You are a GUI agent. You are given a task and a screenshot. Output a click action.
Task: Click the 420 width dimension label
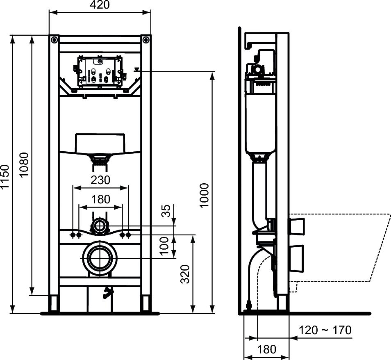pyautogui.click(x=100, y=5)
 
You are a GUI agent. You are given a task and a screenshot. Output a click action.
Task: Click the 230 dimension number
pyautogui.click(x=100, y=180)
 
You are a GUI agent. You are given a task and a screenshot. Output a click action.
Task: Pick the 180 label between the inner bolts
pyautogui.click(x=100, y=199)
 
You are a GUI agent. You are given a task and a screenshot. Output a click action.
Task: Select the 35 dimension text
pyautogui.click(x=166, y=211)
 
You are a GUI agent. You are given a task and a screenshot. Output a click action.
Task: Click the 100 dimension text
pyautogui.click(x=165, y=246)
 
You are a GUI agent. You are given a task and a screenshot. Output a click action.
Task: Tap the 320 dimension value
pyautogui.click(x=185, y=274)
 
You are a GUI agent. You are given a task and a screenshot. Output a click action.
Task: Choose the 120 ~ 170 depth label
pyautogui.click(x=325, y=330)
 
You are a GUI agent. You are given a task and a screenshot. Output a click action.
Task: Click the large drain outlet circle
pyautogui.click(x=100, y=258)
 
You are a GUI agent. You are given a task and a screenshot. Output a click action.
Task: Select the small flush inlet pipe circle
pyautogui.click(x=99, y=226)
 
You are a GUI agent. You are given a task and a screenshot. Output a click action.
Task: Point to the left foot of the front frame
pyautogui.click(x=54, y=304)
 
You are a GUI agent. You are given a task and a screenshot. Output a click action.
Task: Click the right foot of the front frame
pyautogui.click(x=146, y=304)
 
